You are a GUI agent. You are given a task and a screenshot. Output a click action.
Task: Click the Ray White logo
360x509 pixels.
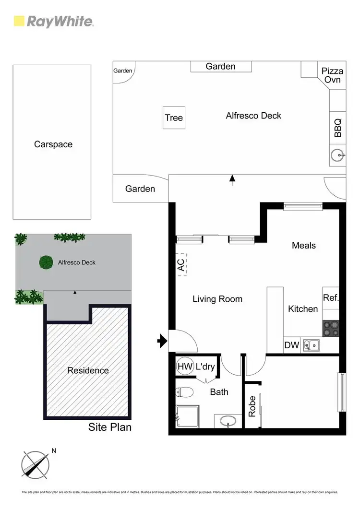click(53, 21)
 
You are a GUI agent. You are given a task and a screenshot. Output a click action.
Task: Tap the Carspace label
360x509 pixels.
click(53, 144)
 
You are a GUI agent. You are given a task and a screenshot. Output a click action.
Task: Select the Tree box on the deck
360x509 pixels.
click(174, 118)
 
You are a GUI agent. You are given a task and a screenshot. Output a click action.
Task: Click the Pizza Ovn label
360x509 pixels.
click(332, 75)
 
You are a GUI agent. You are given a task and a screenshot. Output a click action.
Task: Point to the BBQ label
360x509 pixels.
click(337, 128)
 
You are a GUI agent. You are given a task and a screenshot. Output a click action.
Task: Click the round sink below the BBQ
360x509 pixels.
click(337, 155)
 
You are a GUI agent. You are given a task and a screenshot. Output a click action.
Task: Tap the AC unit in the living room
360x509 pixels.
click(181, 264)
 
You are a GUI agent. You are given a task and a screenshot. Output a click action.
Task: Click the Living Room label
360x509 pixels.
click(217, 299)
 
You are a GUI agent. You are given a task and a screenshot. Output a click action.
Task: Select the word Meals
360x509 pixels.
click(304, 245)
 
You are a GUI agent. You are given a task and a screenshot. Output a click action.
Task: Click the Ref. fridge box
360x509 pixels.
click(331, 298)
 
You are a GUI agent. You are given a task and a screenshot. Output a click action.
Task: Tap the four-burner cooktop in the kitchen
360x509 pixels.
click(331, 329)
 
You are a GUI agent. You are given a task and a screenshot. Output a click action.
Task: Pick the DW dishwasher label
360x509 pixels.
click(291, 345)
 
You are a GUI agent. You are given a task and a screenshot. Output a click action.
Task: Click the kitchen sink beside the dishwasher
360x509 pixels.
click(313, 344)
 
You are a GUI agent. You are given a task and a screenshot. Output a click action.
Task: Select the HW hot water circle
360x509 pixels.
click(184, 367)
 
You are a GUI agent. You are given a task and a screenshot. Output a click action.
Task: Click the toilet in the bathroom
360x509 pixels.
click(184, 392)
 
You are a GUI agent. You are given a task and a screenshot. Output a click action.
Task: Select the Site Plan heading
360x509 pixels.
click(110, 427)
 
